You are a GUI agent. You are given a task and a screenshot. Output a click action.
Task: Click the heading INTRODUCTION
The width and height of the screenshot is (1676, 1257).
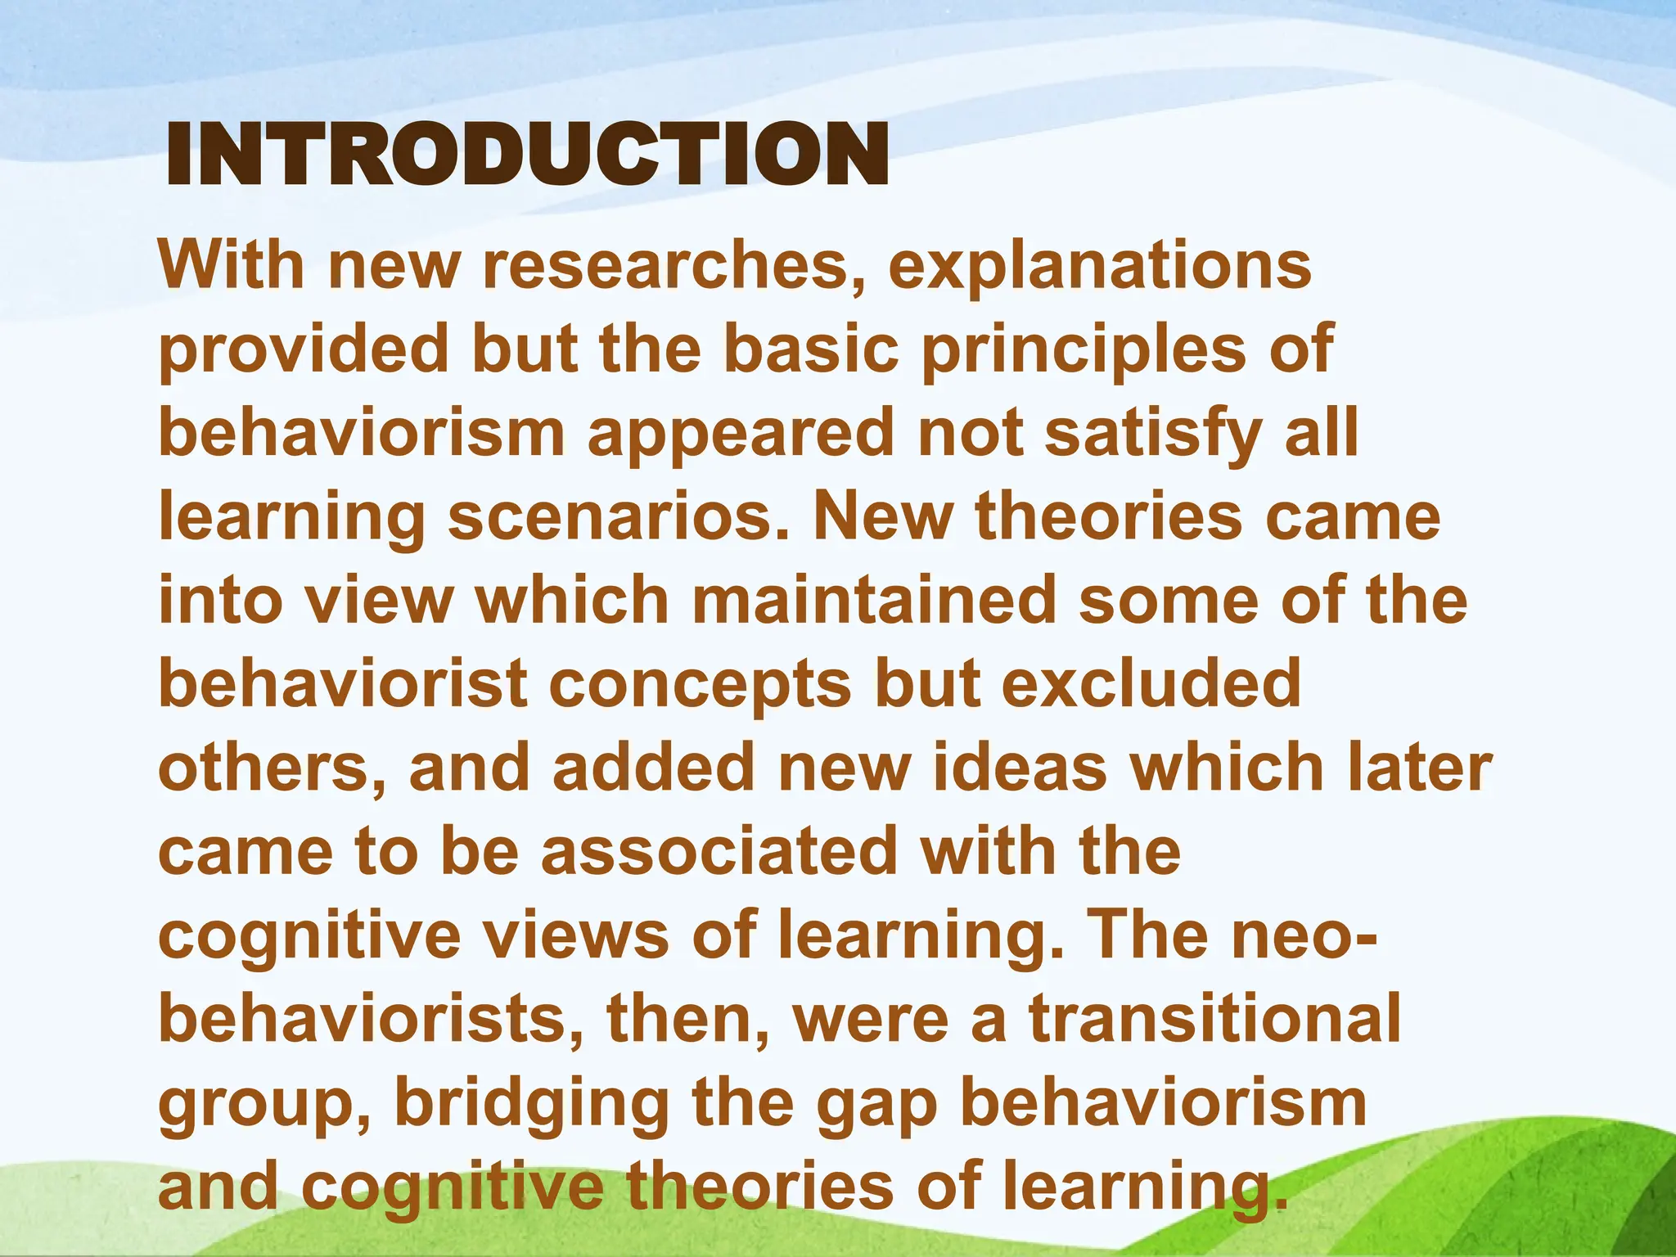527,155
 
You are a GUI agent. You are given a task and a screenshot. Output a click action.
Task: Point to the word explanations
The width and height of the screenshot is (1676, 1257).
1100,267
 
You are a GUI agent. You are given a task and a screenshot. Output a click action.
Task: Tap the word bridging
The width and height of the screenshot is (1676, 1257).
532,1105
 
